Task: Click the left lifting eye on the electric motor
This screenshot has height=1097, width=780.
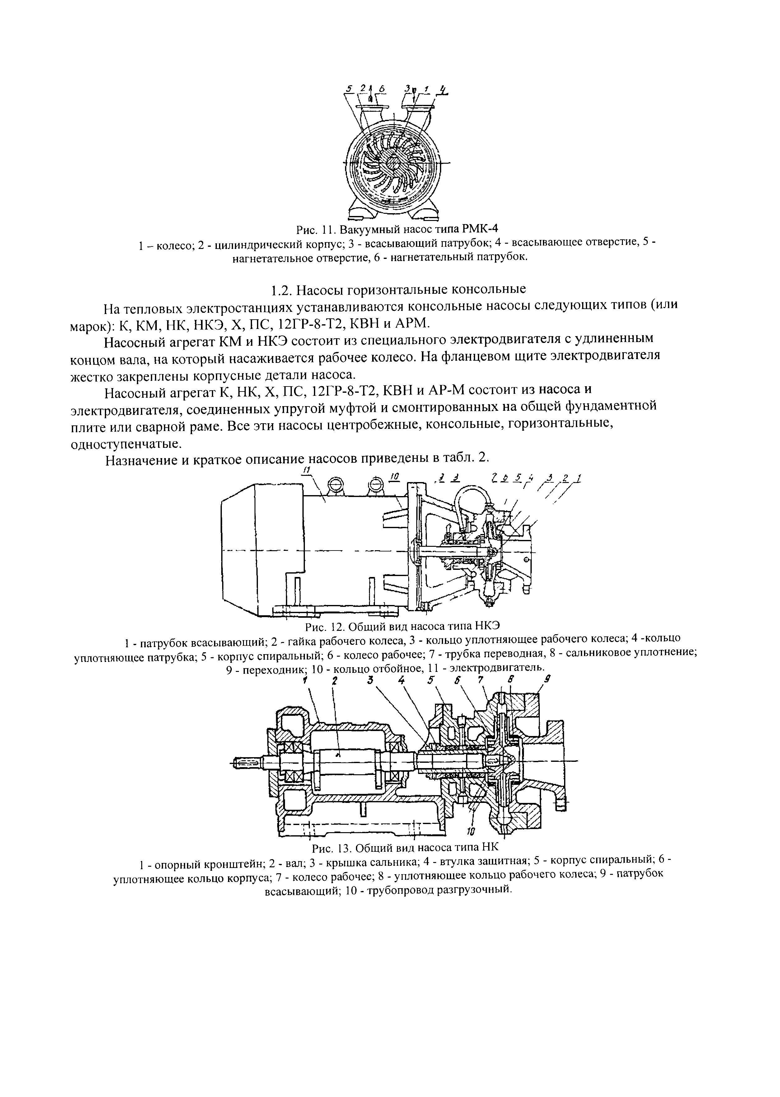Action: [x=335, y=484]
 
